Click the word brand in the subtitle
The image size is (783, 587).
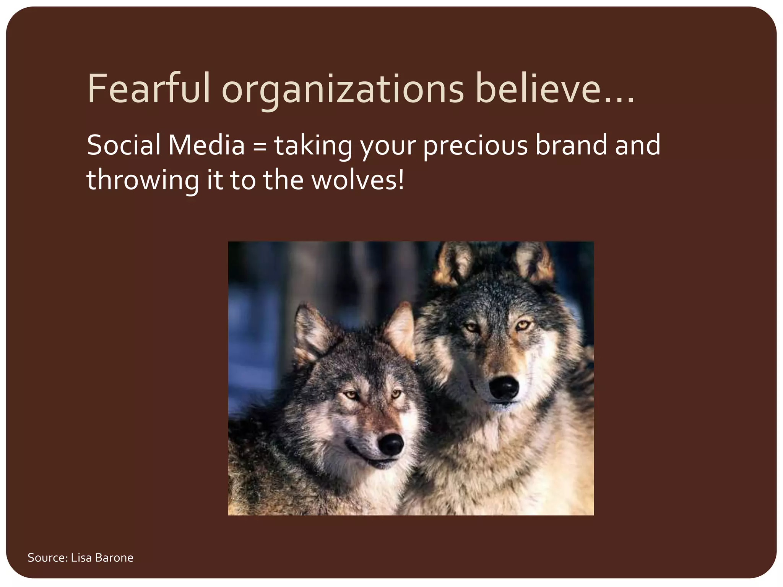[x=571, y=145]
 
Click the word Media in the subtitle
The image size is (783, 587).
[x=206, y=145]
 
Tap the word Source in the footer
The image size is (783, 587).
[x=47, y=558]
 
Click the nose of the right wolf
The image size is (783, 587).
[x=504, y=387]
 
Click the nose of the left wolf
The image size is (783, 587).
[x=391, y=444]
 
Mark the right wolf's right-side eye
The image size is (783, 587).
[x=522, y=326]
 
